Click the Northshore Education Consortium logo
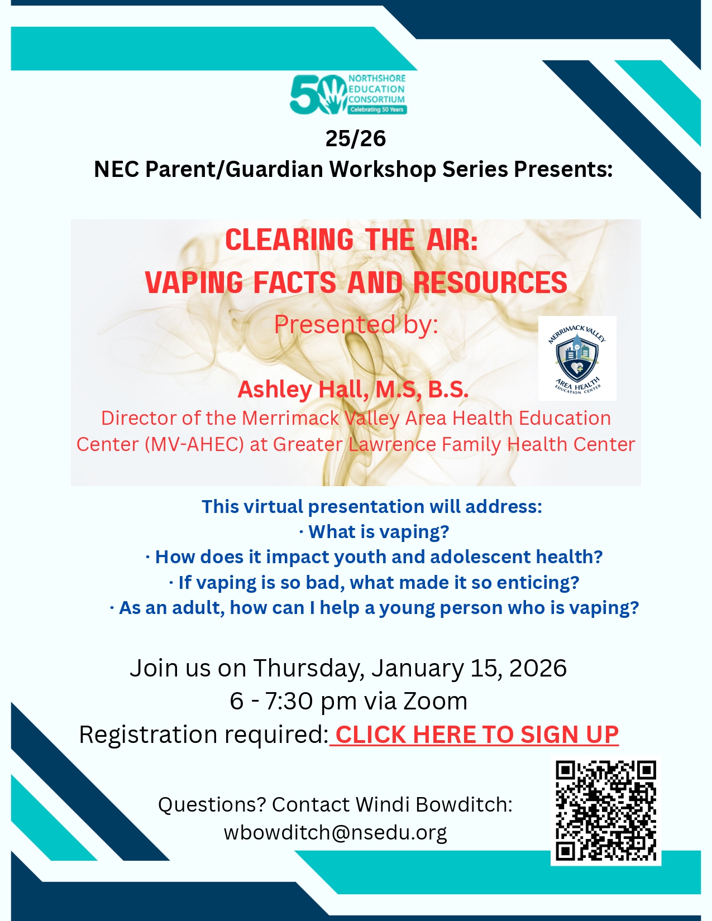coord(348,94)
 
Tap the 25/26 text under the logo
coord(355,138)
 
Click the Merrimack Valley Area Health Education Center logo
coord(577,358)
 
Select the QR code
coord(605,811)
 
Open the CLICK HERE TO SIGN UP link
coord(474,735)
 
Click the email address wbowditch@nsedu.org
coord(335,832)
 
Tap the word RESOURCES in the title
coord(490,282)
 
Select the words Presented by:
coord(356,325)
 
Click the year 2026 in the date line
coord(538,668)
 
